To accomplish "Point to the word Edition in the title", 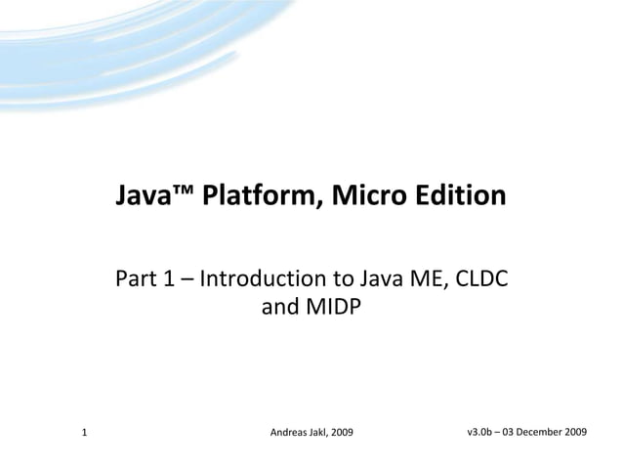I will pyautogui.click(x=457, y=196).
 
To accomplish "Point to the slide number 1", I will pyautogui.click(x=85, y=431).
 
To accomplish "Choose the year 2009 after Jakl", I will pyautogui.click(x=342, y=432).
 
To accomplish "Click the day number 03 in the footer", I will pyautogui.click(x=513, y=431).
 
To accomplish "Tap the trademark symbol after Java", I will pyautogui.click(x=182, y=191).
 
